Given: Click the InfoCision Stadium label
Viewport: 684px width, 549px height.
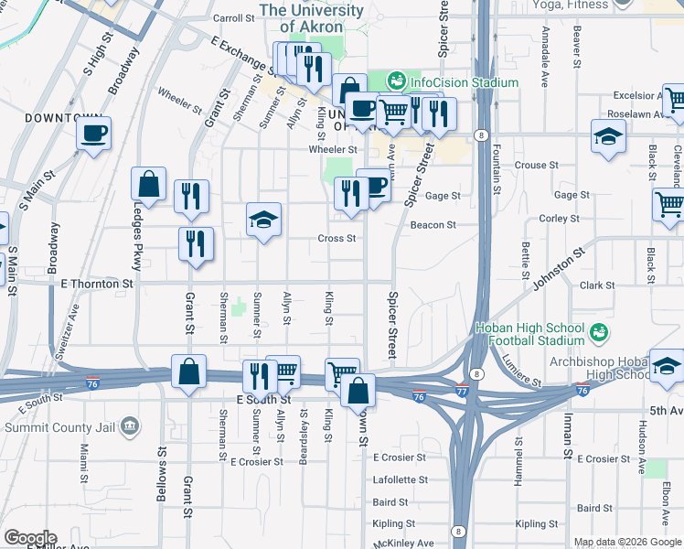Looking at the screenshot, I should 464,82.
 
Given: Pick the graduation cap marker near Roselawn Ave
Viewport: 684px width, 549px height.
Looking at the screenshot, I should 607,138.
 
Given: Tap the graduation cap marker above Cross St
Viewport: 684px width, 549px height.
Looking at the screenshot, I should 263,221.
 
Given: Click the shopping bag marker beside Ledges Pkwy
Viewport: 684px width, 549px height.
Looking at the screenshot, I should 148,185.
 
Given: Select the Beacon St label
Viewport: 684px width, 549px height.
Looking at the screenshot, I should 433,225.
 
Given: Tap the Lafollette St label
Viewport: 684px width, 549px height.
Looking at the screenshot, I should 401,479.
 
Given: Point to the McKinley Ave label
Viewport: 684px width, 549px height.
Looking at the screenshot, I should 403,543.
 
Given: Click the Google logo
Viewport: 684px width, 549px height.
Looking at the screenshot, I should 29,538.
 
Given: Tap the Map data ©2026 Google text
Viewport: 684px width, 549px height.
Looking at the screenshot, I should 626,542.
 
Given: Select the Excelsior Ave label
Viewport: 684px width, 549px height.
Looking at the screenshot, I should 636,95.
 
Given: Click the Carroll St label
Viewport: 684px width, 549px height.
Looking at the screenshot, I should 232,18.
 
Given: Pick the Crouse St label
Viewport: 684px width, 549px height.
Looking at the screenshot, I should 530,166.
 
